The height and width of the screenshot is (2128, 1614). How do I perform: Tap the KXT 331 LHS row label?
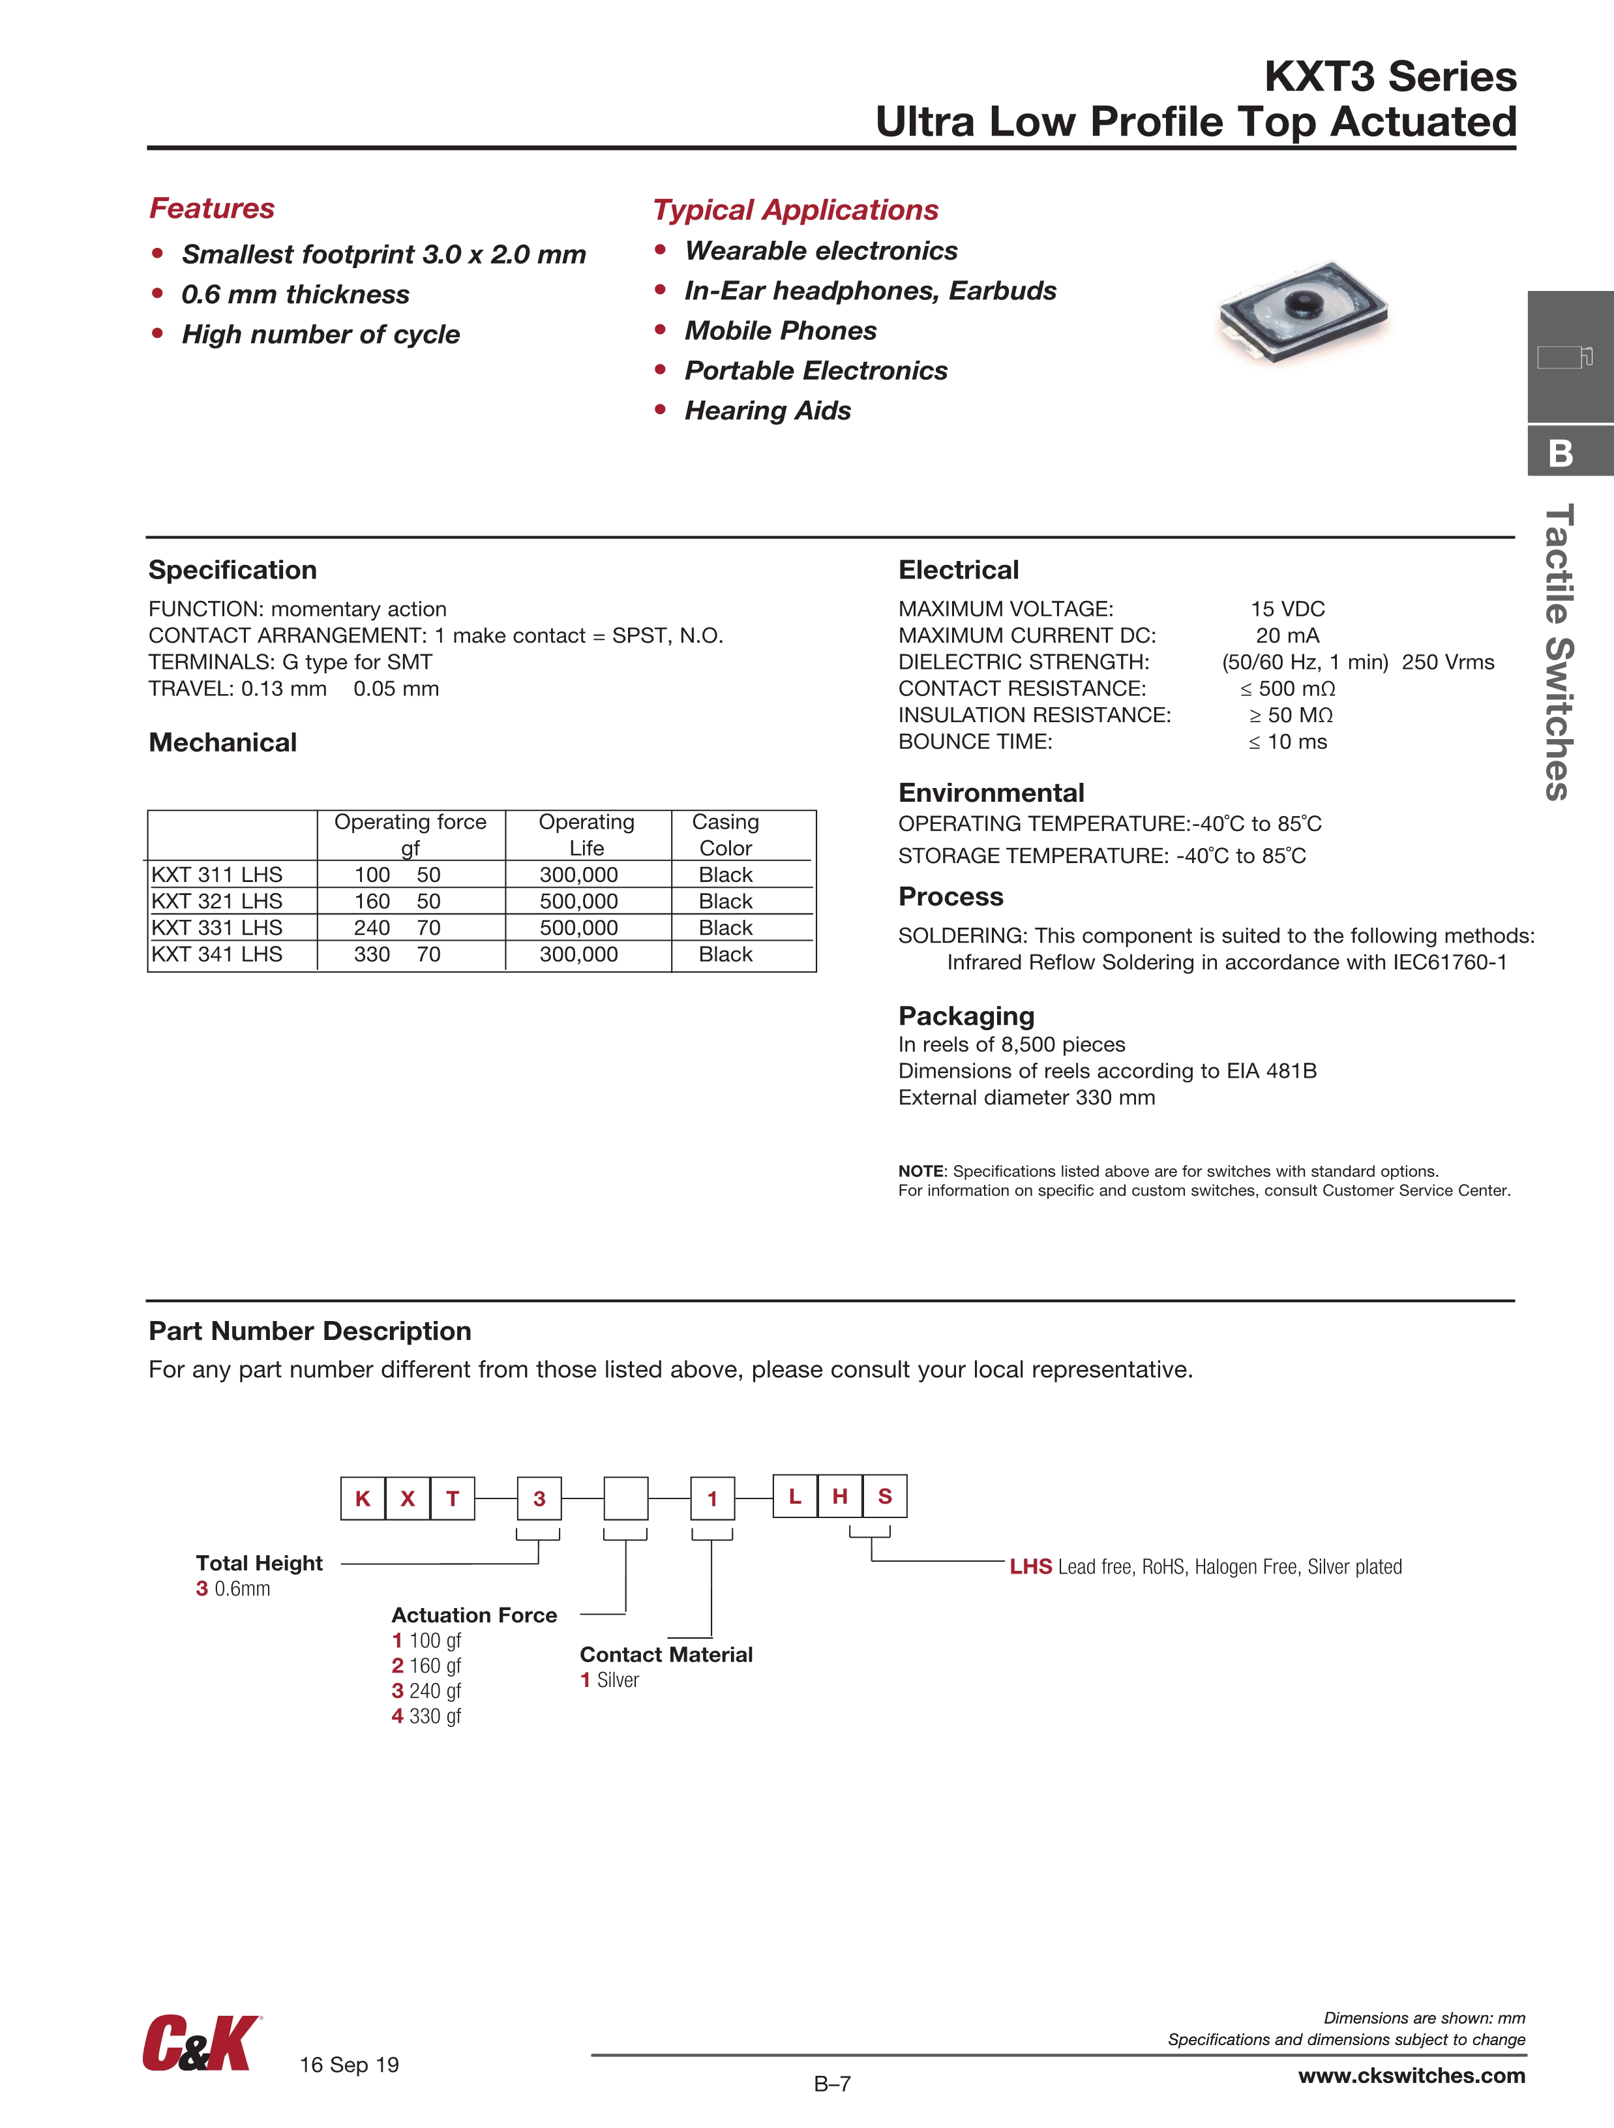(217, 928)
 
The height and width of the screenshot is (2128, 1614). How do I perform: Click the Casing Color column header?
(725, 835)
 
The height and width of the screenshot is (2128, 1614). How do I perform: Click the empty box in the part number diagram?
(625, 1498)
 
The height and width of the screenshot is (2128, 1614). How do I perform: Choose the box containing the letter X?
(408, 1498)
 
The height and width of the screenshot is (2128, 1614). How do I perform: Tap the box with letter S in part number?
(885, 1496)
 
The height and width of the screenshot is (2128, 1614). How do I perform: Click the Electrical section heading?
(958, 570)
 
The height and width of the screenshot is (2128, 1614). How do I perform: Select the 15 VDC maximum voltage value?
(1287, 609)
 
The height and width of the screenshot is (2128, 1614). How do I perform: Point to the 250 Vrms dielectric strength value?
(1448, 662)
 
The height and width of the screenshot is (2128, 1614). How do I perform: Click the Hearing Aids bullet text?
(768, 411)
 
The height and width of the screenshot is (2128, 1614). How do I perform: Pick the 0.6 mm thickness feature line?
(295, 294)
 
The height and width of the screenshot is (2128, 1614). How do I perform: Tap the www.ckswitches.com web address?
(1411, 2075)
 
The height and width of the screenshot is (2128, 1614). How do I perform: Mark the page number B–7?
(832, 2084)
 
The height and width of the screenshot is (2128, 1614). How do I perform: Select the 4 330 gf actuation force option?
(426, 1716)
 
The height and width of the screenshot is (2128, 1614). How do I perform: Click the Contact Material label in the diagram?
(666, 1654)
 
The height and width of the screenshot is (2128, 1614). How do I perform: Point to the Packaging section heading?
(966, 1016)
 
